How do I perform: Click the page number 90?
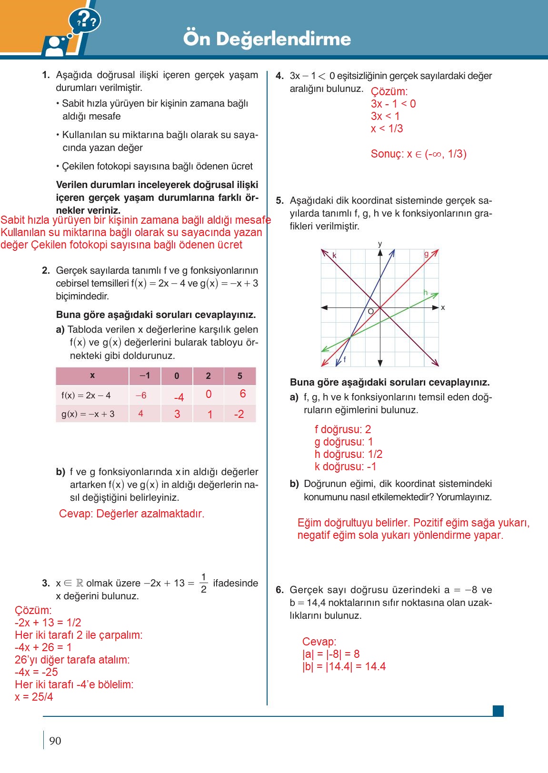[x=55, y=741]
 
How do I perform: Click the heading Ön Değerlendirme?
[x=267, y=39]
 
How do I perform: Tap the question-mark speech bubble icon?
[x=84, y=20]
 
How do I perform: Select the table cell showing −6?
[x=141, y=396]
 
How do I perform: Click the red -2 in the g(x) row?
[x=239, y=415]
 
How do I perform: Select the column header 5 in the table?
[x=239, y=376]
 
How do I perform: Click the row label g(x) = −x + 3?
[x=88, y=414]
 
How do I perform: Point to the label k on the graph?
[x=334, y=256]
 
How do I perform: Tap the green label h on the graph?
[x=426, y=293]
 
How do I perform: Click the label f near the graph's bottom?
[x=344, y=359]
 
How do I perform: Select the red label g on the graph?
[x=427, y=254]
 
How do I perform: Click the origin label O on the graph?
[x=371, y=312]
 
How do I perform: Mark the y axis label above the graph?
[x=380, y=244]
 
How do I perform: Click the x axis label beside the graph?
[x=443, y=308]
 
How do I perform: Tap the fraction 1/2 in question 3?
[x=204, y=583]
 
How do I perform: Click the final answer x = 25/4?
[x=34, y=697]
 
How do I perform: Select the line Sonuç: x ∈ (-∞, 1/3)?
[x=418, y=154]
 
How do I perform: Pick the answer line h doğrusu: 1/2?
[x=349, y=454]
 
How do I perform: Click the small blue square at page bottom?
[x=498, y=711]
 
